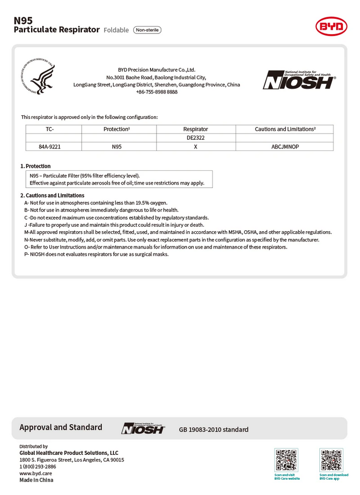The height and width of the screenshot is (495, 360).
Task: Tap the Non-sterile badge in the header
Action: click(x=147, y=30)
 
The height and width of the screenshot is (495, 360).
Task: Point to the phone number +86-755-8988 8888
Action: click(x=157, y=92)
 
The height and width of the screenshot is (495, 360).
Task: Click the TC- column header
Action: click(x=49, y=129)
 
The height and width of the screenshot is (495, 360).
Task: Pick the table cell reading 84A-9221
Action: click(x=53, y=146)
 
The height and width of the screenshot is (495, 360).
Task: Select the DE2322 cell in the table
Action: click(x=196, y=138)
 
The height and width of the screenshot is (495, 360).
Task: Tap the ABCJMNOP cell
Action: click(x=285, y=146)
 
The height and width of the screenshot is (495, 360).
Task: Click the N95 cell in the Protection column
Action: click(x=116, y=146)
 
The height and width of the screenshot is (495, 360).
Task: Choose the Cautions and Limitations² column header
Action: click(x=285, y=129)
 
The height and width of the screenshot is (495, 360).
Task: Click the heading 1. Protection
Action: click(x=36, y=166)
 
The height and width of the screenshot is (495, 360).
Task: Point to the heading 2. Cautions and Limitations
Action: click(x=52, y=195)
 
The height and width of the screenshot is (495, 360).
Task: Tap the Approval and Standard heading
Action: click(x=61, y=427)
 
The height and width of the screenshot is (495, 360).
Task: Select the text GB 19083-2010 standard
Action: click(x=214, y=430)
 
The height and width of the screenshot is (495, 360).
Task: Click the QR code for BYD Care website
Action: click(x=287, y=460)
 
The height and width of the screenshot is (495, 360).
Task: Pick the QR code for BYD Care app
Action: click(x=332, y=460)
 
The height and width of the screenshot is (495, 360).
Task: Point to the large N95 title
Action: click(x=23, y=20)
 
